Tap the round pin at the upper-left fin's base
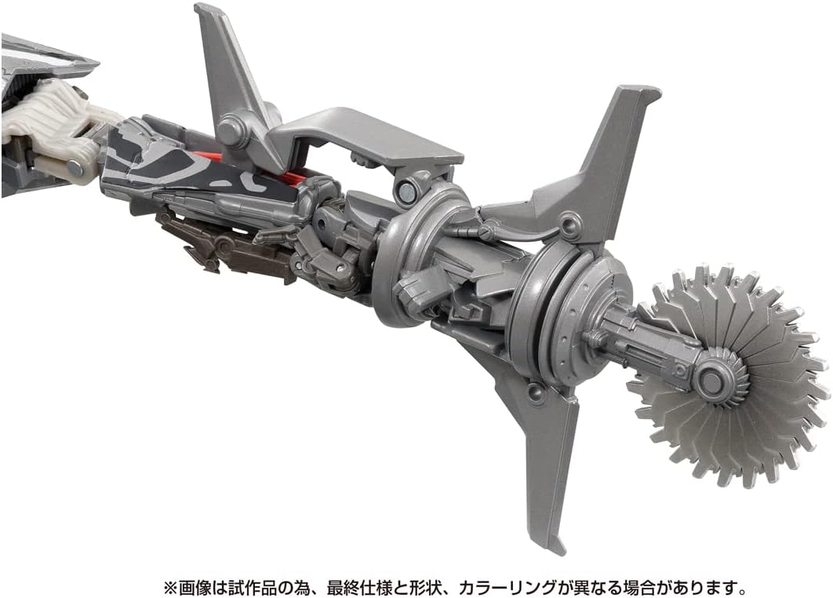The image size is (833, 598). (231, 129)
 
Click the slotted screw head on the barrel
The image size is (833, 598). (486, 232)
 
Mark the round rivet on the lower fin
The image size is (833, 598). (536, 393)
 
